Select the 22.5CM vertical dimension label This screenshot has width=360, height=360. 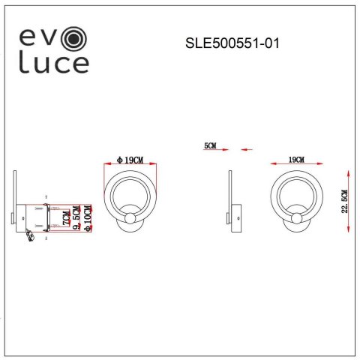(344, 201)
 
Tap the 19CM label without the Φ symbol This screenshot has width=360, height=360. (296, 160)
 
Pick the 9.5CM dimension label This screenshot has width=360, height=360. (77, 217)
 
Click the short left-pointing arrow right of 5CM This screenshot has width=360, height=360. (245, 150)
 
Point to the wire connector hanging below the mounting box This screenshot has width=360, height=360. (29, 235)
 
